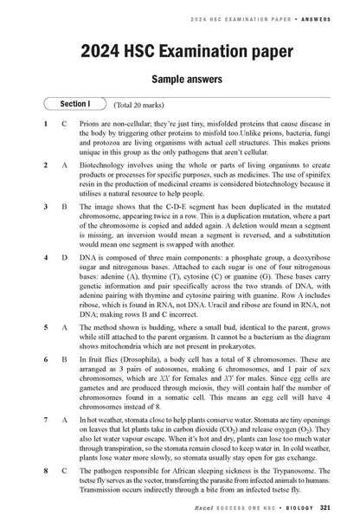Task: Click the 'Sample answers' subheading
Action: coord(179,78)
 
